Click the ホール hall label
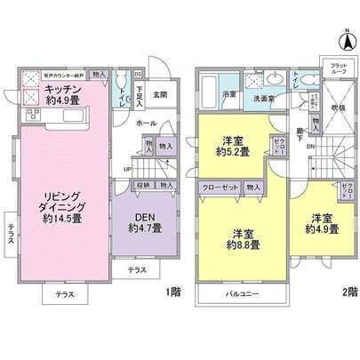pos(146,124)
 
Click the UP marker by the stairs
pos(127,169)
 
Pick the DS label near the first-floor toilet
pos(139,74)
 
